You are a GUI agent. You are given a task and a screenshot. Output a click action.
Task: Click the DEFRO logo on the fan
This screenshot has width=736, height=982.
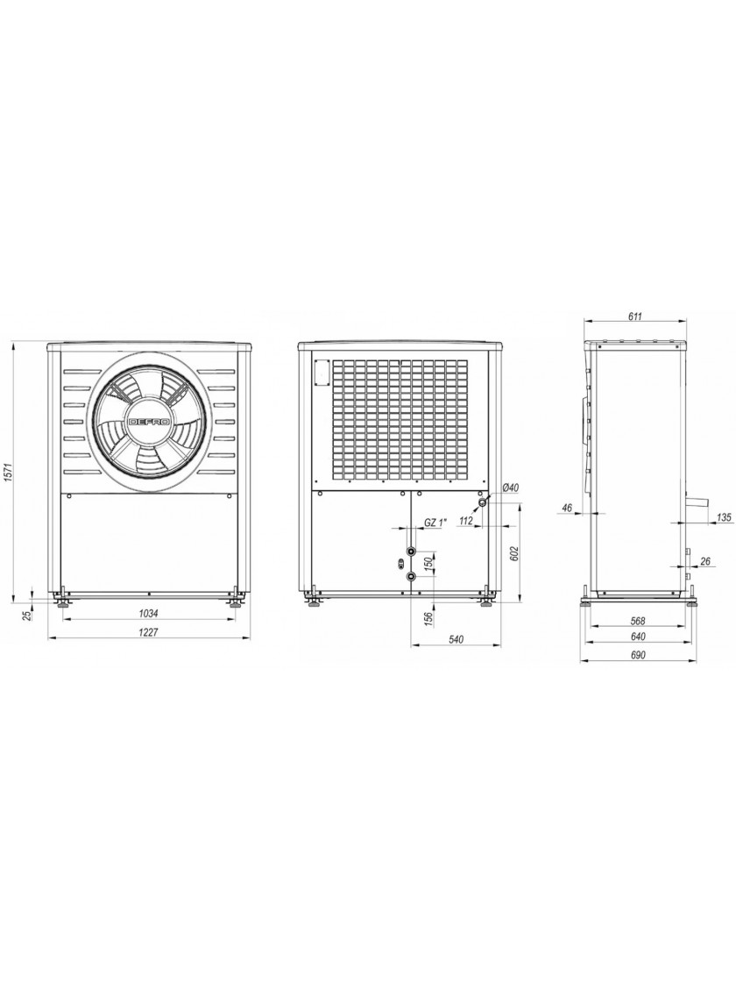pos(150,422)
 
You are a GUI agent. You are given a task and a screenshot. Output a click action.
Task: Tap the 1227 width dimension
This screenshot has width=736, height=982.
pos(148,632)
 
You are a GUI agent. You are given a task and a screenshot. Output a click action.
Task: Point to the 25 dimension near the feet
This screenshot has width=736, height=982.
pos(26,616)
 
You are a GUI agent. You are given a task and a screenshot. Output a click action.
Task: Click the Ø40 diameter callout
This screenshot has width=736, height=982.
pos(512,487)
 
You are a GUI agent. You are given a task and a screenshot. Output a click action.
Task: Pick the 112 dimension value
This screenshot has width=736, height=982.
pos(465,519)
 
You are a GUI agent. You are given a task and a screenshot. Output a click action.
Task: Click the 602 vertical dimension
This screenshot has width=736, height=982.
pos(514,553)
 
